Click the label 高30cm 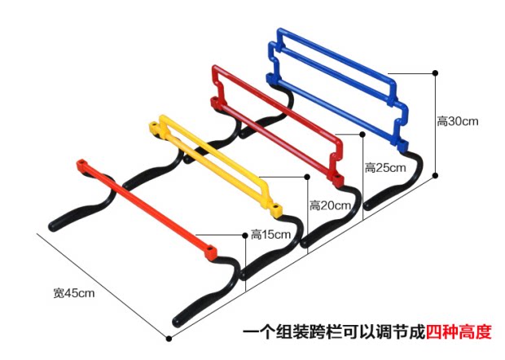coord(457,121)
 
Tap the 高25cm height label coord(385,168)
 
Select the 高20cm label coord(330,205)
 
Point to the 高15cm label coord(270,235)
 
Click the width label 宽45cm coord(74,292)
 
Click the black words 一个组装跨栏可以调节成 coord(333,332)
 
